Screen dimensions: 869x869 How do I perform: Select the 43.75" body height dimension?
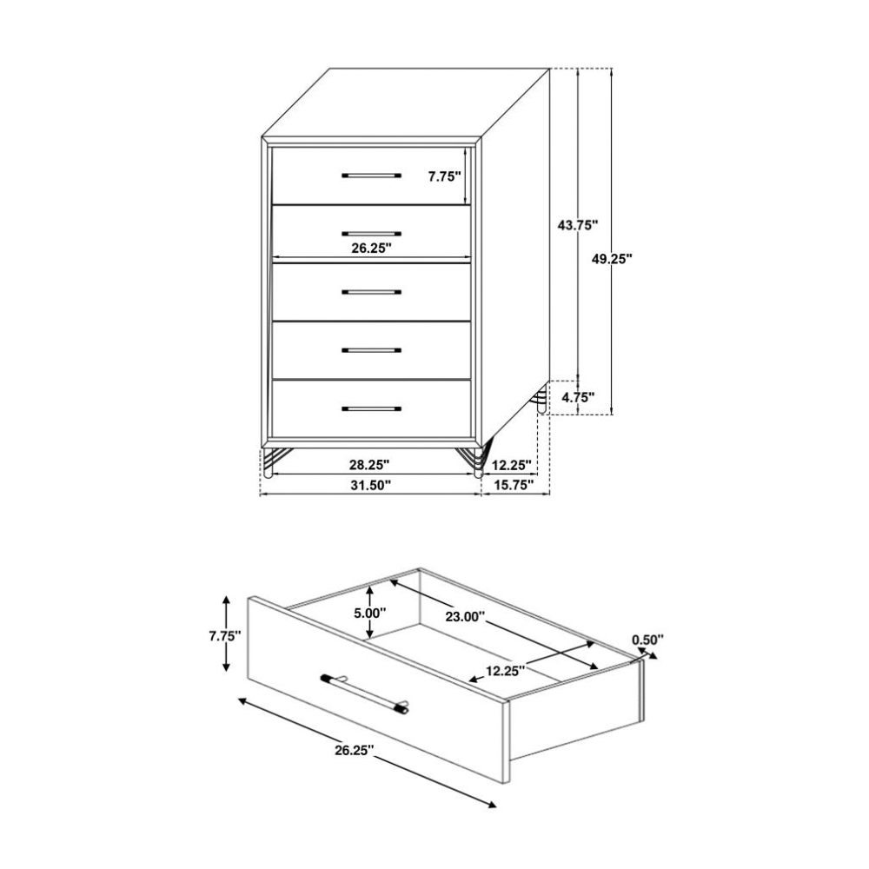[x=578, y=225]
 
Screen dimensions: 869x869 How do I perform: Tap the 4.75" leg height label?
[x=578, y=397]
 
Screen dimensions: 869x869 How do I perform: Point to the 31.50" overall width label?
[x=371, y=485]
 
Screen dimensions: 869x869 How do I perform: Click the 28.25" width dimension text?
[x=369, y=463]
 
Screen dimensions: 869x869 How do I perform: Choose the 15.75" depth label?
[x=514, y=485]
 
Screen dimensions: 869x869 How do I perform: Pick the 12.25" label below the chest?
[x=512, y=463]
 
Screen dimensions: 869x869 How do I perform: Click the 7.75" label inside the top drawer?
[x=444, y=176]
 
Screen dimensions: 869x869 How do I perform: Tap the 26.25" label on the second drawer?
[x=371, y=248]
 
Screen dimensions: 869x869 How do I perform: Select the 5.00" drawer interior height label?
[x=369, y=613]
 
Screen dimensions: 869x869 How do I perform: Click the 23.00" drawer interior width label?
[x=465, y=616]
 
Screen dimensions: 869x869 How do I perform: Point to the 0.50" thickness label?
[x=648, y=640]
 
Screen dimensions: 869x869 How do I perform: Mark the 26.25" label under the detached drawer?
[x=355, y=751]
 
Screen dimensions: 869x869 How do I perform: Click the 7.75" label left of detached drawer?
[x=225, y=636]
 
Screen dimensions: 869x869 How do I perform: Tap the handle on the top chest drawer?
[x=371, y=176]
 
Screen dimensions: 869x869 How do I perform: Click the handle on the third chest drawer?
[x=371, y=291]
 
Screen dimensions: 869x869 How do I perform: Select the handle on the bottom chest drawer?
[x=371, y=409]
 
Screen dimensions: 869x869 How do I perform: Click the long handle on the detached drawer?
[x=365, y=693]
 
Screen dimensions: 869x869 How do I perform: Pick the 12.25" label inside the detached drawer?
[x=506, y=671]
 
